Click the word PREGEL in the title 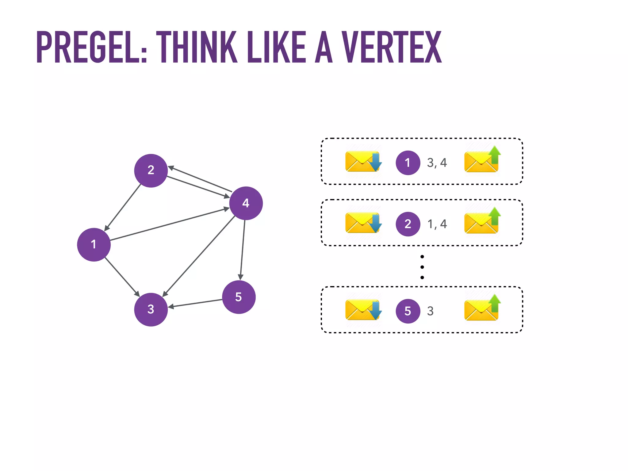[x=91, y=47]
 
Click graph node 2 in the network [x=151, y=170]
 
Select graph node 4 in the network [x=246, y=203]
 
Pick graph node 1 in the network [x=94, y=244]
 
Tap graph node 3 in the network [x=151, y=309]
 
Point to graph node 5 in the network [x=239, y=297]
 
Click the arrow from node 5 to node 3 [x=195, y=303]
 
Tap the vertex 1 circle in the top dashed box [x=408, y=163]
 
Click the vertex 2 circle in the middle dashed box [x=408, y=224]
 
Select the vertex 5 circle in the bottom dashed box [x=408, y=311]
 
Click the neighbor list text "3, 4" [x=437, y=163]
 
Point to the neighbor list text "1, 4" [x=437, y=224]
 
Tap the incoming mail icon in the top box [x=363, y=161]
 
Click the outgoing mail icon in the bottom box [x=482, y=308]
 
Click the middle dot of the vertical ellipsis [x=422, y=267]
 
